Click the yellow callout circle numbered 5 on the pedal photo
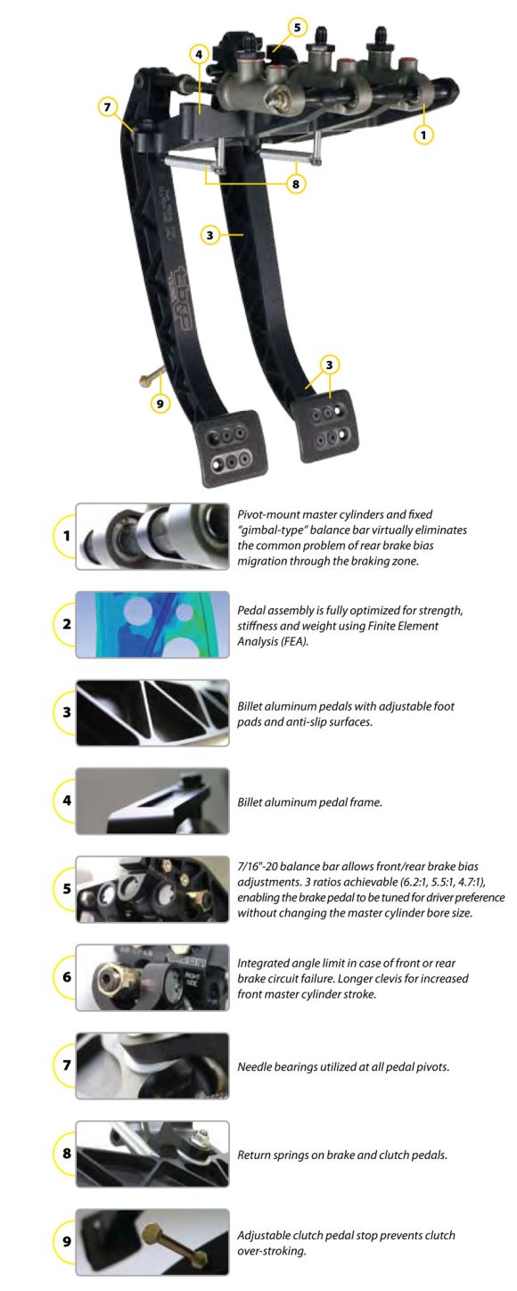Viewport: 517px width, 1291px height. [x=297, y=27]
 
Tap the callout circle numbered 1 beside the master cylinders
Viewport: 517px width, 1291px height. [x=423, y=135]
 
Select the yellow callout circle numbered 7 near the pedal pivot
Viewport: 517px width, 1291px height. [x=107, y=107]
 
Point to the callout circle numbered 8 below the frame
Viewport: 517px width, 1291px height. [x=296, y=184]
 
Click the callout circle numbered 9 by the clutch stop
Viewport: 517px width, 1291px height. [x=160, y=403]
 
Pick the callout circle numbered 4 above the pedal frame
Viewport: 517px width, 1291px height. [x=199, y=54]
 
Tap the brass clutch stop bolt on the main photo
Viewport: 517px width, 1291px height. [x=151, y=377]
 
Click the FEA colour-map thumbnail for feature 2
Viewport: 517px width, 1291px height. [x=152, y=624]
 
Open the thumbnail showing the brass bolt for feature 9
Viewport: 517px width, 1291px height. [x=152, y=1242]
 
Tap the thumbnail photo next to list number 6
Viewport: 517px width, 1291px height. [x=152, y=977]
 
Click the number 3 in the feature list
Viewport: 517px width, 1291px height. [x=67, y=712]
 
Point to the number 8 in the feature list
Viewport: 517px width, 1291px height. [x=67, y=1154]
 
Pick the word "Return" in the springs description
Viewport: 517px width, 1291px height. [x=255, y=1155]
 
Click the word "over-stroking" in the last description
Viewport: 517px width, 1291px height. [x=272, y=1251]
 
